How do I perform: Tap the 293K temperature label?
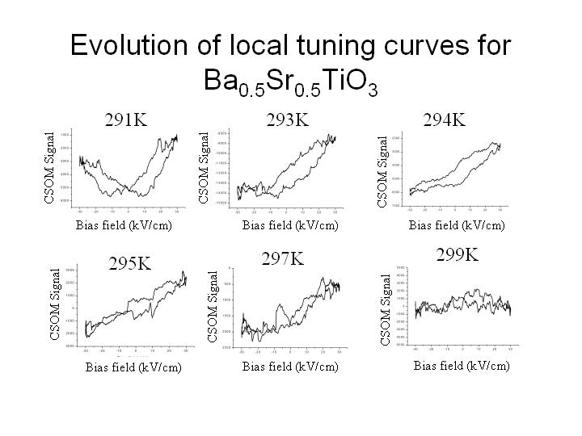288,120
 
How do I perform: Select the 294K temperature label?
445,120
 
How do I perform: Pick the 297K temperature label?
283,258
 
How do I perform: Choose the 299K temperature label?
458,255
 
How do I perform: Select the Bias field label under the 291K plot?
124,225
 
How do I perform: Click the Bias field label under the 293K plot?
290,225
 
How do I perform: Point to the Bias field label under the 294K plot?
457,225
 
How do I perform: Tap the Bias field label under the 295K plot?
133,367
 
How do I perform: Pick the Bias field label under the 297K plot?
290,367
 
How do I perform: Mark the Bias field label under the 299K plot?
462,366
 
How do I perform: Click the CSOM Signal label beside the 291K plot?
50,167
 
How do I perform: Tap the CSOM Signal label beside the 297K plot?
213,305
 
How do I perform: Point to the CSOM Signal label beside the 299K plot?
386,309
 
